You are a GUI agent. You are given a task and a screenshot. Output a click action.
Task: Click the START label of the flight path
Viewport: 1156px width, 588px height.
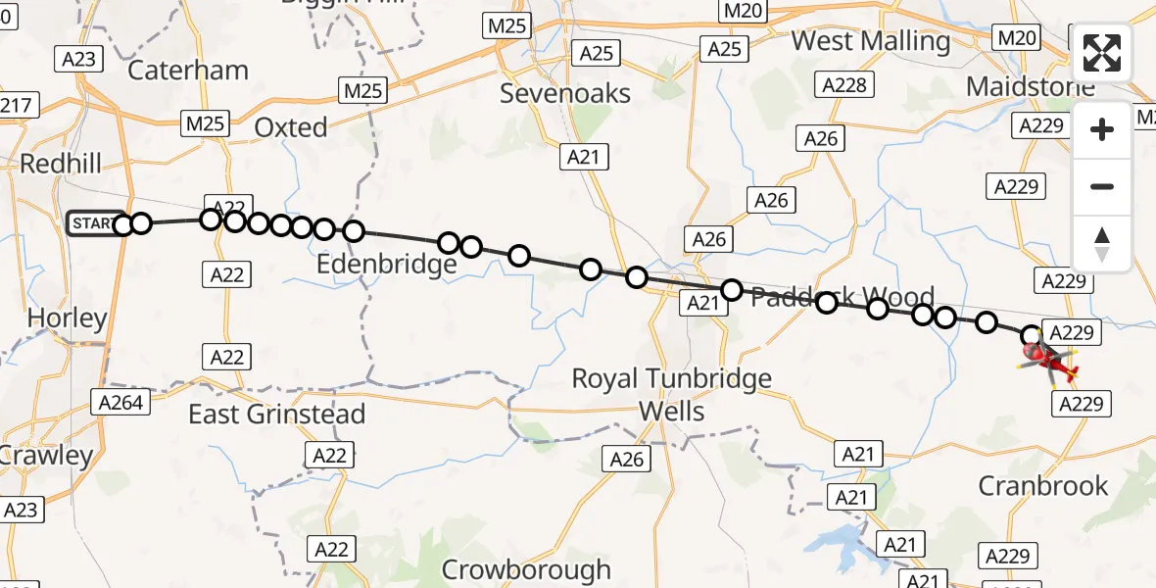(x=93, y=224)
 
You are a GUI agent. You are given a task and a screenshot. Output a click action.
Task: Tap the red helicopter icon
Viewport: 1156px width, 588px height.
(x=1050, y=362)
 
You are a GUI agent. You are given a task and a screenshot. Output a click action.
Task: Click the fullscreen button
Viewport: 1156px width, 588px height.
(x=1102, y=53)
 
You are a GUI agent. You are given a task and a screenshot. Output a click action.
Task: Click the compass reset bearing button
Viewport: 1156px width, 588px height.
(x=1102, y=244)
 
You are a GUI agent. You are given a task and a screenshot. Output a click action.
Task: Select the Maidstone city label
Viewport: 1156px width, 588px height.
(x=1030, y=86)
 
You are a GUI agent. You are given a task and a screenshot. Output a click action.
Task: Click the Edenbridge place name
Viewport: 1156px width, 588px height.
(x=387, y=265)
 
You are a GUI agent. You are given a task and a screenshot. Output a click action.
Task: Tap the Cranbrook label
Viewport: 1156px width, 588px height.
(x=1044, y=486)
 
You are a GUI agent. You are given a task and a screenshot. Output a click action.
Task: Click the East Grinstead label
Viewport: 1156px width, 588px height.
(x=276, y=414)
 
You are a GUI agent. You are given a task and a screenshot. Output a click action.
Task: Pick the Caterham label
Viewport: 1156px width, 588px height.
(x=188, y=71)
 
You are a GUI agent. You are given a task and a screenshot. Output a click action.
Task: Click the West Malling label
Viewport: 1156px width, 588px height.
(x=871, y=41)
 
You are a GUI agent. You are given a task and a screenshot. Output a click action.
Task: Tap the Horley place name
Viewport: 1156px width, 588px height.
(x=68, y=318)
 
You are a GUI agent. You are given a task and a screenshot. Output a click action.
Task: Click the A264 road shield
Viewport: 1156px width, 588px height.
(x=121, y=401)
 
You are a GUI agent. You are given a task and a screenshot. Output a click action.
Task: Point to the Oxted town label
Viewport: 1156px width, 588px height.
(x=291, y=127)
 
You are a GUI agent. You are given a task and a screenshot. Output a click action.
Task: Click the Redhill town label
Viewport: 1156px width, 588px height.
(x=61, y=164)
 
